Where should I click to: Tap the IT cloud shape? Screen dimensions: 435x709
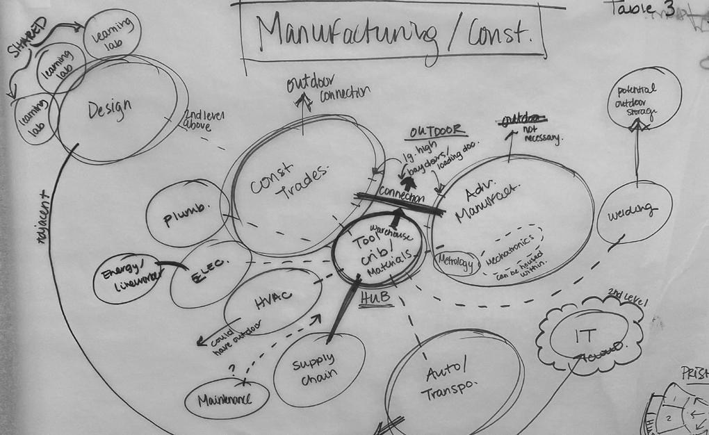click(588, 336)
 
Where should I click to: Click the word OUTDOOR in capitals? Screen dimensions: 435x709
click(437, 131)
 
